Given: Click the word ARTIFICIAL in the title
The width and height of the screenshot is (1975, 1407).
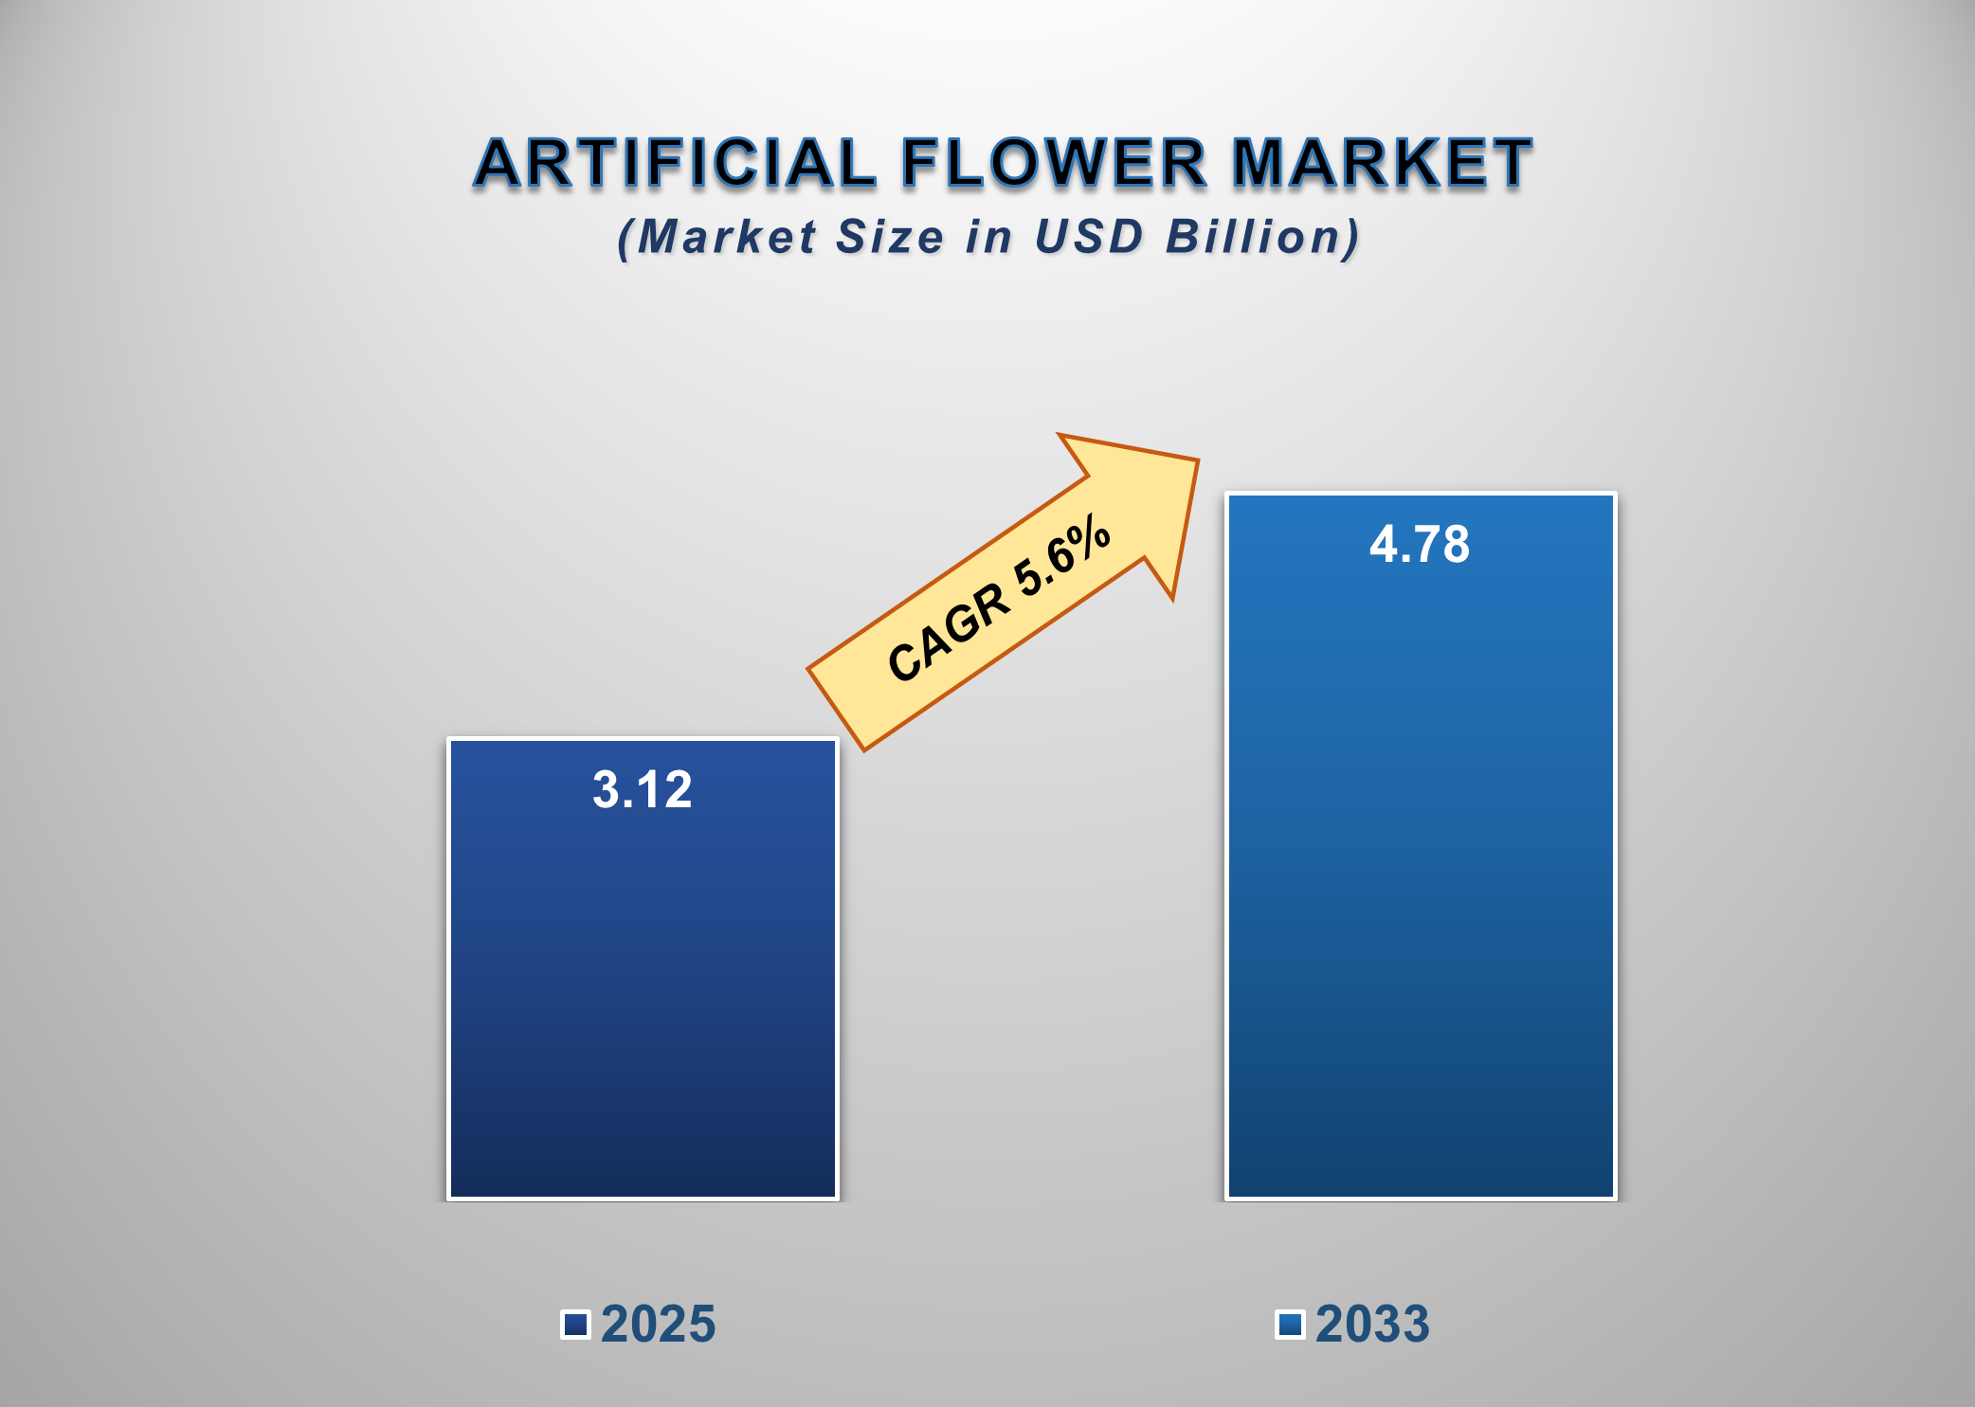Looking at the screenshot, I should point(676,163).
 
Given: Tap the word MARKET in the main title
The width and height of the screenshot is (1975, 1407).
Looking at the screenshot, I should point(1381,163).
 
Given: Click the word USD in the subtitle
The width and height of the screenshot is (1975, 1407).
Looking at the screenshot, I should point(1089,237).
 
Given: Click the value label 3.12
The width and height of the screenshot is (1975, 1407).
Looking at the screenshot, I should point(643,789).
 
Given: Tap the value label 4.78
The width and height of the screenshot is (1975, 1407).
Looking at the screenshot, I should point(1420,545).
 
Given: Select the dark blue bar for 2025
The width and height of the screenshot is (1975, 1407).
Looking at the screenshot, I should point(643,995).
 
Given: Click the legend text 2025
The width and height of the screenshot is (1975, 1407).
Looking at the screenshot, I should point(659,1324).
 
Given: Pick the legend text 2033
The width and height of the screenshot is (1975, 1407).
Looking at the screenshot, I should point(1372,1324).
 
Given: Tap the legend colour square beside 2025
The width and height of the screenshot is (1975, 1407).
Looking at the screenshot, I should point(575,1324).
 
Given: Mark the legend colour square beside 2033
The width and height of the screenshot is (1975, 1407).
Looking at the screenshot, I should point(1290,1324).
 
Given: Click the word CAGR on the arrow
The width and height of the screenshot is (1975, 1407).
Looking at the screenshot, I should point(948,632).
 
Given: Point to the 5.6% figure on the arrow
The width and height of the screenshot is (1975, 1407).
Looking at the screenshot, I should point(1061,560).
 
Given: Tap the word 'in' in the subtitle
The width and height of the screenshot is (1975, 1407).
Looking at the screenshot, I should point(988,237).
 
